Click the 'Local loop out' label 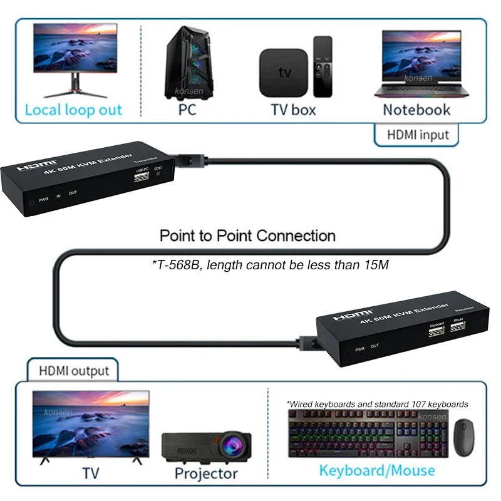coord(73,110)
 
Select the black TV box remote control coord(323,66)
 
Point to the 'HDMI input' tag coord(418,134)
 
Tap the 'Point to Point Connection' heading coord(247,236)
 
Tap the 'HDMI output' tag coord(74,371)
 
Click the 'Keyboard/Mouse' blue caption coord(377,470)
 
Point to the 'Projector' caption coord(207,473)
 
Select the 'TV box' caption coord(293,110)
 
